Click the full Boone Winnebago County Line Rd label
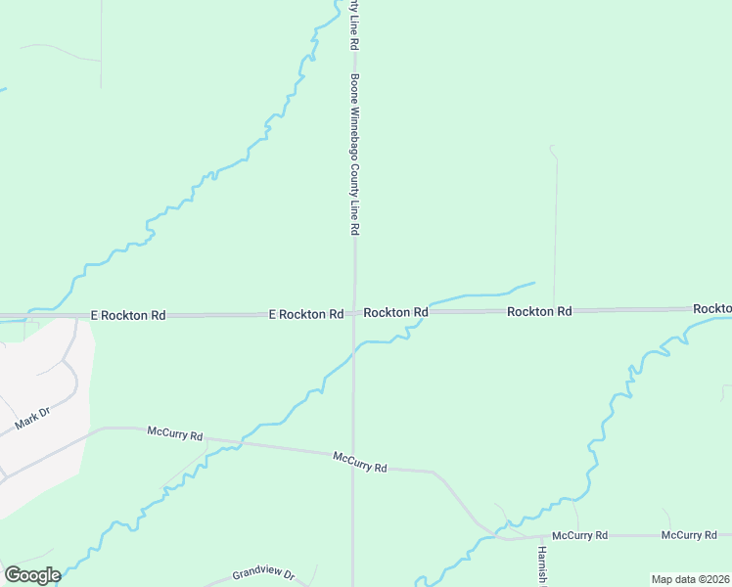[x=355, y=155]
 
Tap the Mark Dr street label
[x=31, y=423]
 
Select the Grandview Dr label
[x=263, y=574]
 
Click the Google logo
[x=31, y=575]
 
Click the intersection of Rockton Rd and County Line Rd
[x=354, y=314]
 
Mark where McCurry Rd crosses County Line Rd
[x=353, y=455]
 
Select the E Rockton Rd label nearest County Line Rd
[x=306, y=314]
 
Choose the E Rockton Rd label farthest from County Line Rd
[x=128, y=316]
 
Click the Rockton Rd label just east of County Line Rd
[x=395, y=312]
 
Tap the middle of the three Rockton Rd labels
[x=538, y=311]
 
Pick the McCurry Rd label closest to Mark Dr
[x=175, y=431]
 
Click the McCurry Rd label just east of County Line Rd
[x=360, y=462]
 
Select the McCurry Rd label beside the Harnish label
[x=580, y=536]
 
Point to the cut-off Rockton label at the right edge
[x=711, y=308]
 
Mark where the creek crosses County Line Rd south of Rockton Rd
[x=353, y=356]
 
